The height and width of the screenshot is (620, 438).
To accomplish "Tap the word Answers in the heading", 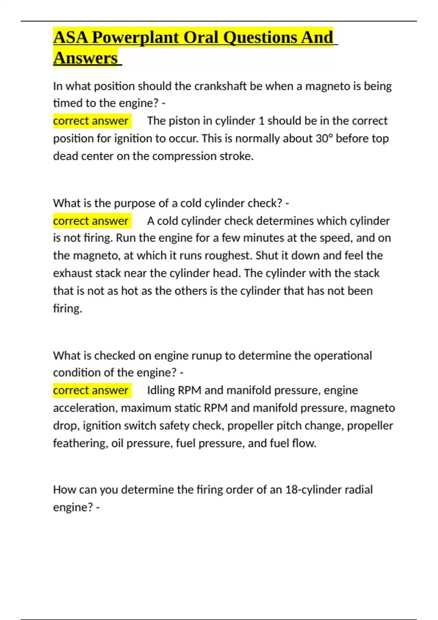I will point(85,58).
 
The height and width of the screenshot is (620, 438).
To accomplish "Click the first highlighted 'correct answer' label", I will point(91,121).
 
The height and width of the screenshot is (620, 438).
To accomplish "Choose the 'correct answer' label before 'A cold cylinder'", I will point(91,221).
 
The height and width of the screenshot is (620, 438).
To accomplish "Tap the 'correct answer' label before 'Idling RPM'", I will point(91,390).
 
